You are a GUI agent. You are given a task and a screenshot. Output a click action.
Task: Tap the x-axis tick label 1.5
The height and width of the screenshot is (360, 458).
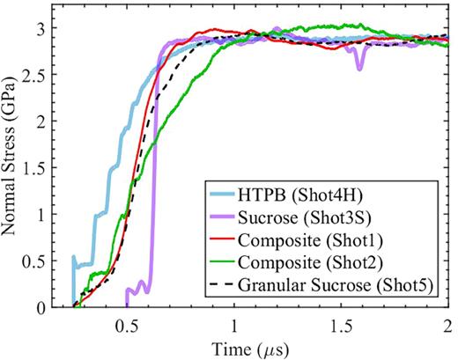click(x=342, y=324)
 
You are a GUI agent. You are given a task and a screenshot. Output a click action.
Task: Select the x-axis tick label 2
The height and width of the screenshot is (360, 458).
click(x=449, y=324)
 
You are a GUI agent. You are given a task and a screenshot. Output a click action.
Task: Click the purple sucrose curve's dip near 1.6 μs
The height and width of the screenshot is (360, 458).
click(x=359, y=68)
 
